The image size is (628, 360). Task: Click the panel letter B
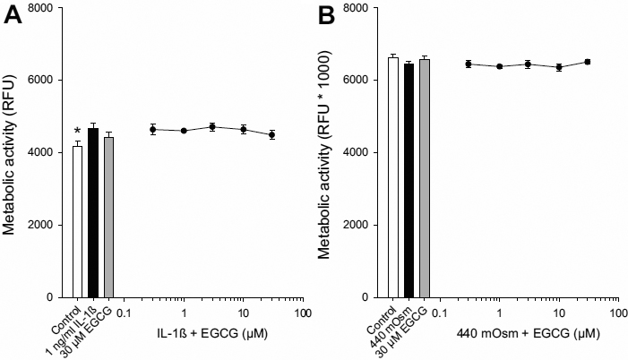[x=331, y=17]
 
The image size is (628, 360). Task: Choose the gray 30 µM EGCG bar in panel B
[x=424, y=178]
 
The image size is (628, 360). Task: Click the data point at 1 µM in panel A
[x=183, y=131]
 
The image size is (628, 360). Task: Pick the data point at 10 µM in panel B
[x=559, y=67]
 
